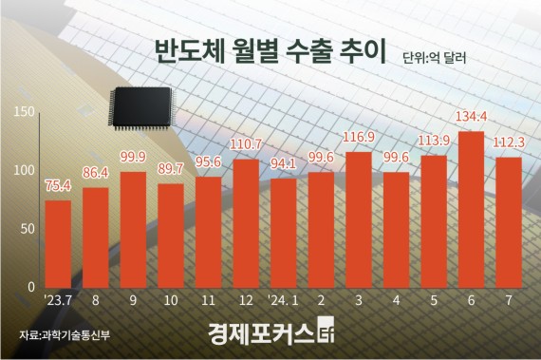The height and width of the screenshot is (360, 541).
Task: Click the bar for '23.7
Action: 58,243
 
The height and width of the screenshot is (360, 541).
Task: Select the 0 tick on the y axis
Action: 31,287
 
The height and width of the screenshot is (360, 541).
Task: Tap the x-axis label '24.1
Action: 283,301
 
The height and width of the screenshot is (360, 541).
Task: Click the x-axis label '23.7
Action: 58,301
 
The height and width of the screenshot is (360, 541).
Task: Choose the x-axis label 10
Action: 170,301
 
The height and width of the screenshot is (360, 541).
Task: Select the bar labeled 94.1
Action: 283,233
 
